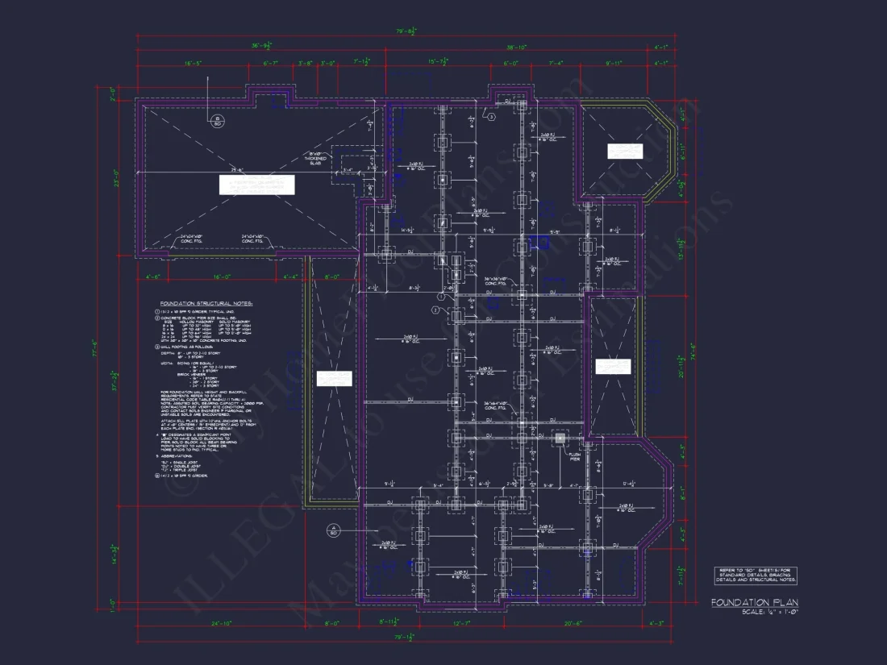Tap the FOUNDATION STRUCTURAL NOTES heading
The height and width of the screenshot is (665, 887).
pyautogui.click(x=206, y=304)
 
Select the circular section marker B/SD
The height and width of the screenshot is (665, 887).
pyautogui.click(x=217, y=123)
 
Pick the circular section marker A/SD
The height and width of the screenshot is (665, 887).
pyautogui.click(x=332, y=531)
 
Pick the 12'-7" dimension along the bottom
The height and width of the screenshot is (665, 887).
pyautogui.click(x=460, y=623)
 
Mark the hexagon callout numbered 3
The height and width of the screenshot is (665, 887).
pyautogui.click(x=491, y=117)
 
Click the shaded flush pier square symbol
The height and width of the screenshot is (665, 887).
pyautogui.click(x=560, y=439)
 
